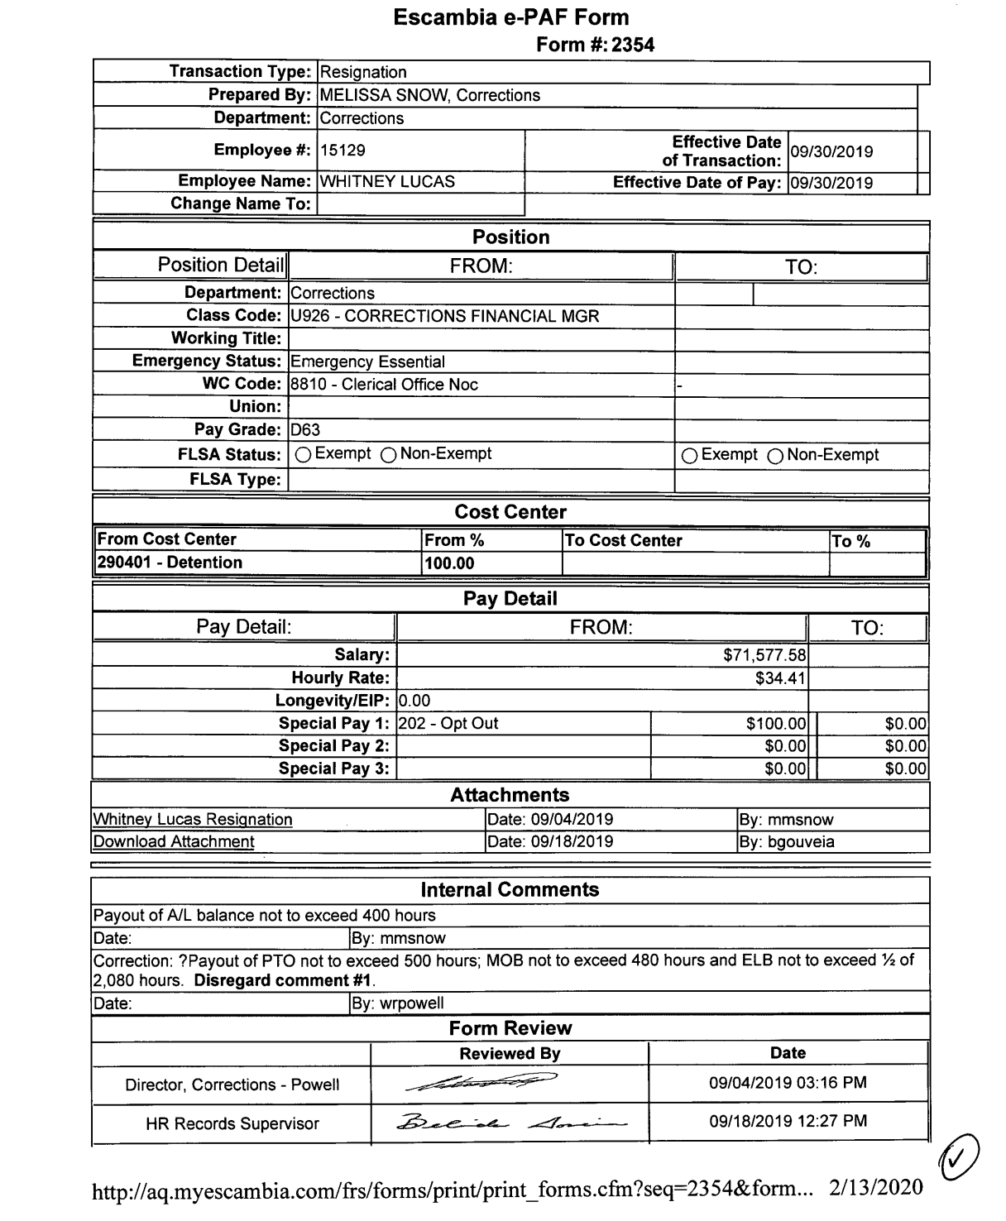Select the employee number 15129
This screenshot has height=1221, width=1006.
click(343, 151)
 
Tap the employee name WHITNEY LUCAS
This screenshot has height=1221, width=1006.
click(387, 182)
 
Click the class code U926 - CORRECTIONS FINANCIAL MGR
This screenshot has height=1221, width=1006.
click(445, 316)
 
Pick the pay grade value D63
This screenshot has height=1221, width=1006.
click(305, 430)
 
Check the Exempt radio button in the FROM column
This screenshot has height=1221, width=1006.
click(304, 454)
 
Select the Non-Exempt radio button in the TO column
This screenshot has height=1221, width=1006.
click(776, 456)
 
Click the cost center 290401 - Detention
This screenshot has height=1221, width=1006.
click(170, 563)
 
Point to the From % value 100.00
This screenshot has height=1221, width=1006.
click(449, 564)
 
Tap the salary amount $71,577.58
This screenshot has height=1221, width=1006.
click(764, 655)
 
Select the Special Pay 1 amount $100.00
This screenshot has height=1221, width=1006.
click(775, 724)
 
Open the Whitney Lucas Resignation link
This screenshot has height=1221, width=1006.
click(193, 820)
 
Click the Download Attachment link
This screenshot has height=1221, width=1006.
click(174, 842)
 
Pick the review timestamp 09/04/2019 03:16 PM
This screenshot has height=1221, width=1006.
click(788, 1083)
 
